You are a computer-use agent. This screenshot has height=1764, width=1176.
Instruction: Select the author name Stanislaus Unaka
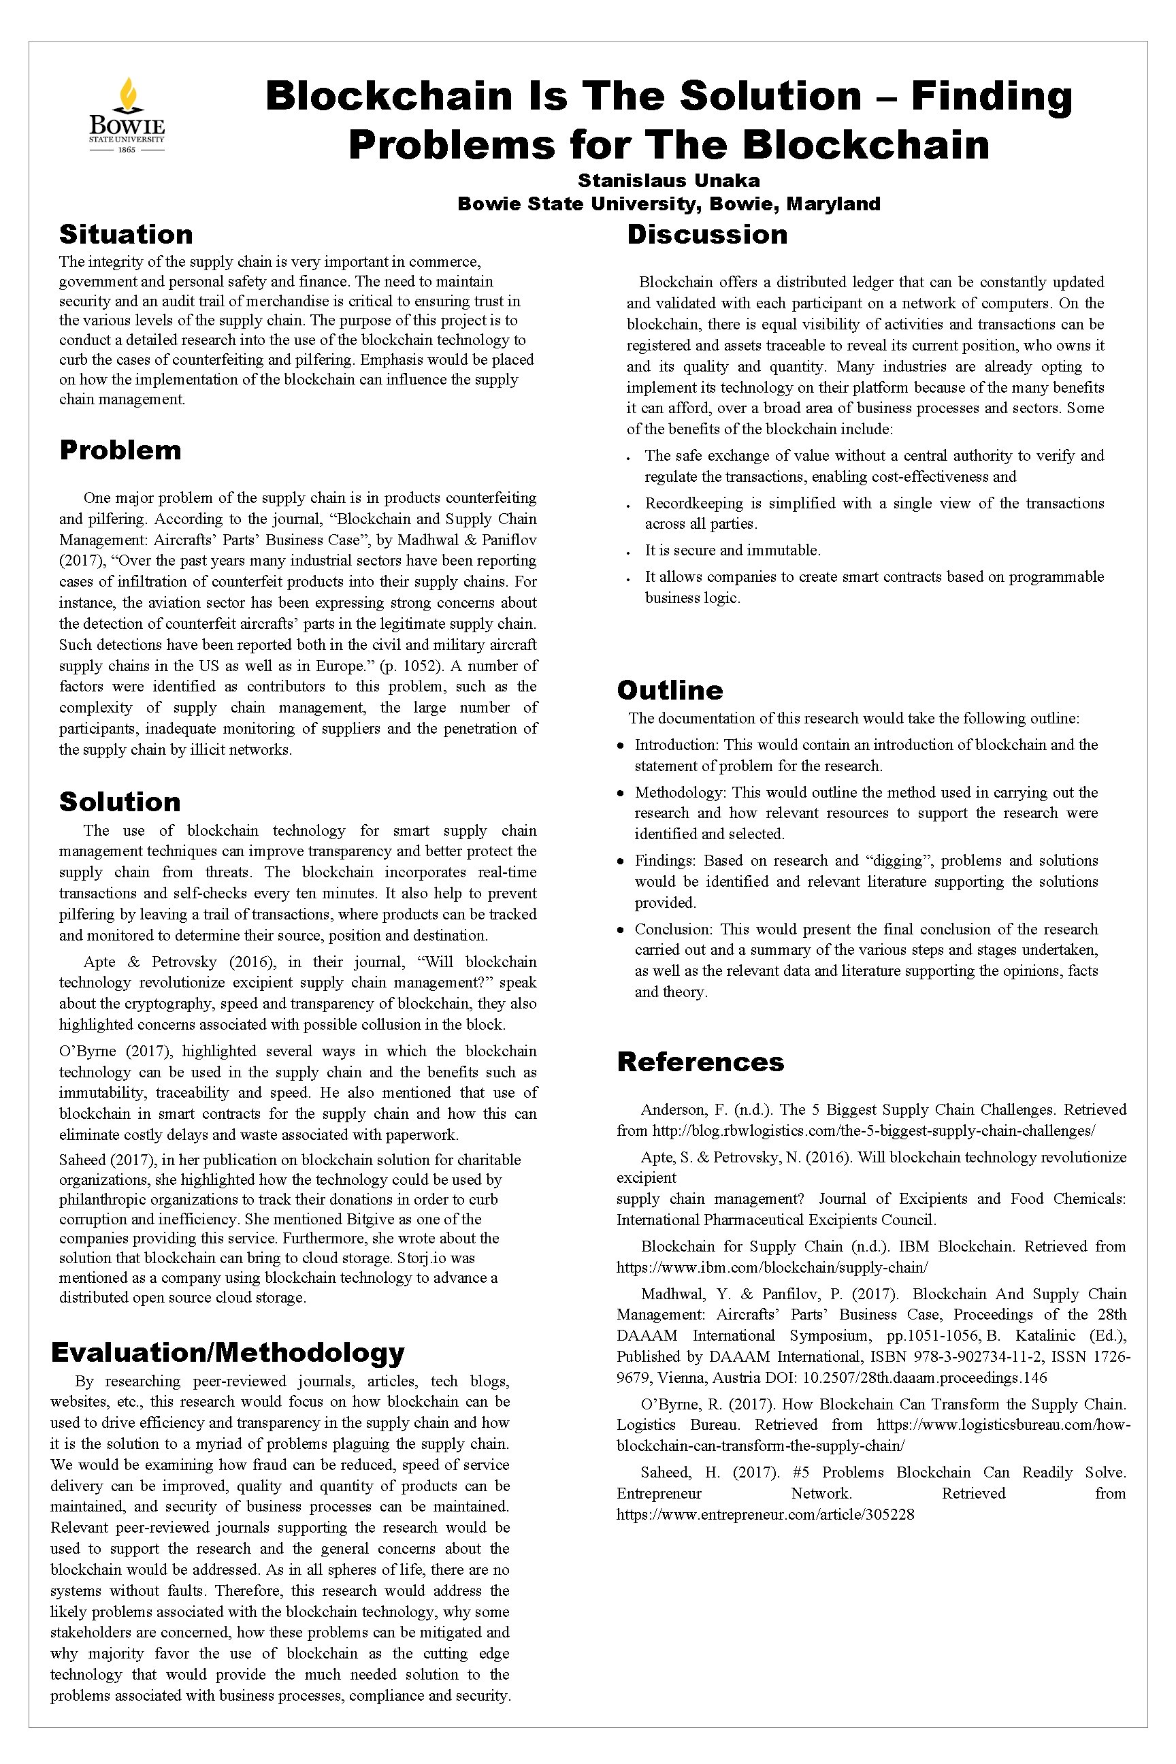pos(668,181)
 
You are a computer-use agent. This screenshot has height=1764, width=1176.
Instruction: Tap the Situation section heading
pos(126,234)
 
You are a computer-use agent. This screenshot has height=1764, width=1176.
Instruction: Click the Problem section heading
pos(120,450)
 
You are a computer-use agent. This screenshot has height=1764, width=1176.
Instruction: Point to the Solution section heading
pos(120,802)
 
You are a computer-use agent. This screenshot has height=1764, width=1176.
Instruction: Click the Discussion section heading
pos(707,234)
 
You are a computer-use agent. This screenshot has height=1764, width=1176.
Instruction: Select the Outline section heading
pos(670,690)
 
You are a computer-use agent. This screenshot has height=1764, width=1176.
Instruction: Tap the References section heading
pos(700,1062)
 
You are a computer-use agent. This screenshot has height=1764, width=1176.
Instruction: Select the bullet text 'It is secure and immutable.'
pos(732,551)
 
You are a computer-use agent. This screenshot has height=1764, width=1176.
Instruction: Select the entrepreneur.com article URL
pos(765,1514)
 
